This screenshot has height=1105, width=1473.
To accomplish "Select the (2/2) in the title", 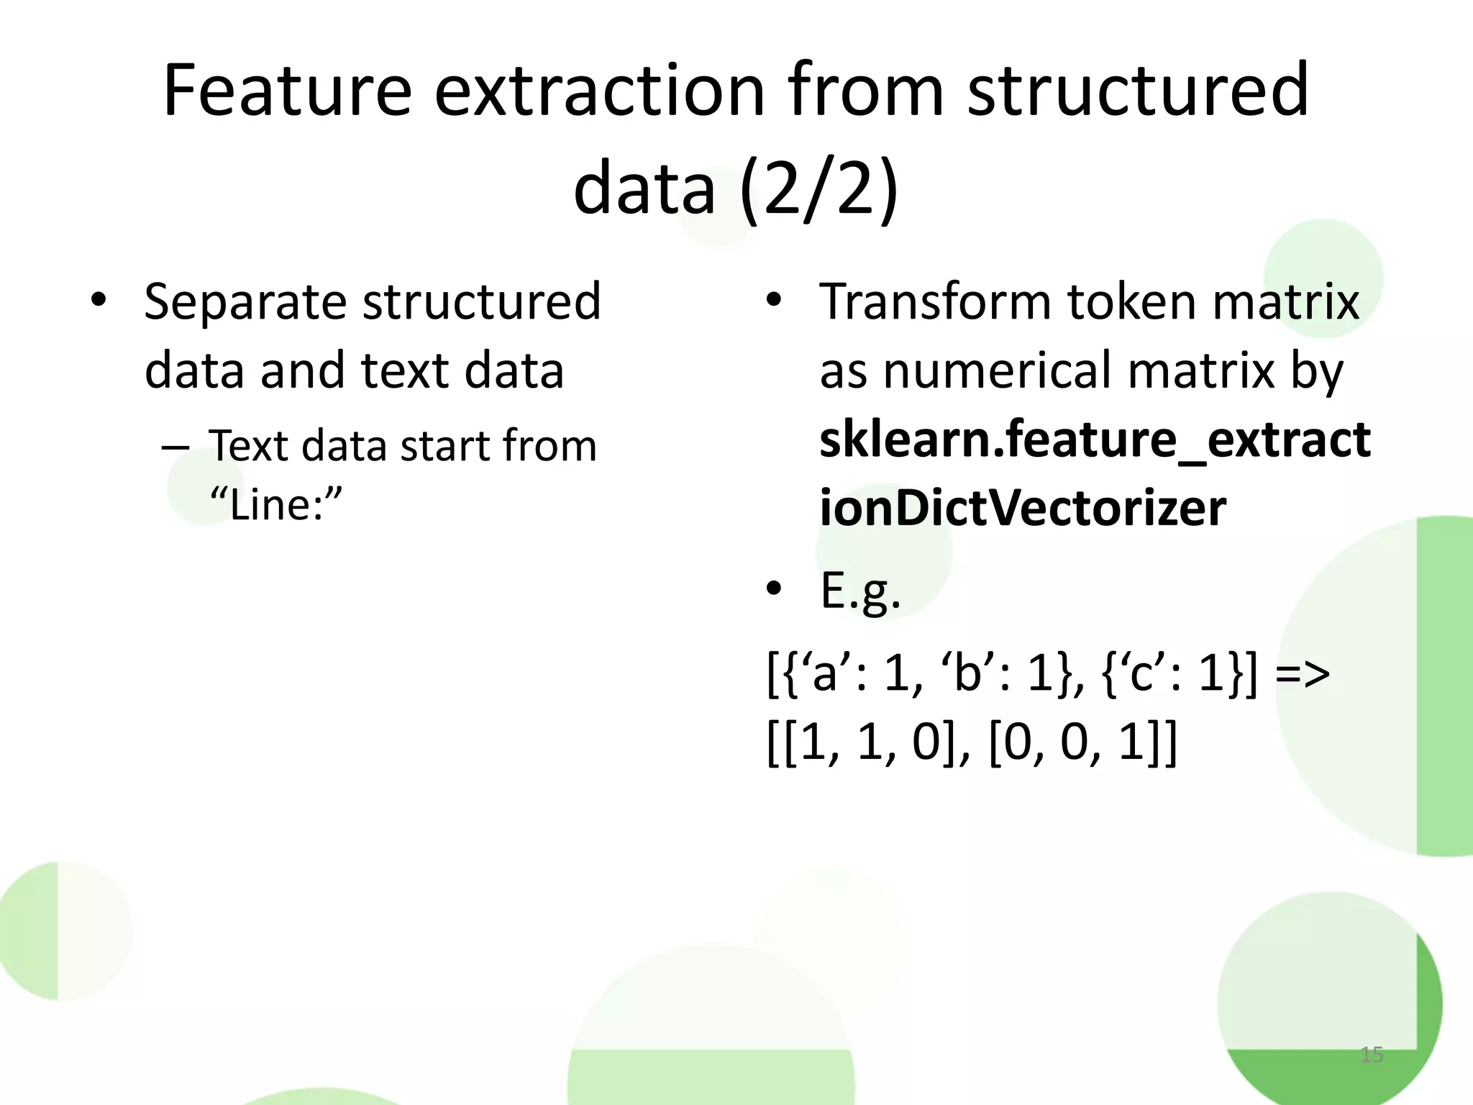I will (818, 188).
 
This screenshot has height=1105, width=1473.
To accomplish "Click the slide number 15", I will (1372, 1055).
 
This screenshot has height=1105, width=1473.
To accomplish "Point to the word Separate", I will (247, 302).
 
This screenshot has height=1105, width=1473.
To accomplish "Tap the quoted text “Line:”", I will (276, 504).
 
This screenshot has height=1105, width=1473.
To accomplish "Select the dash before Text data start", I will (175, 447).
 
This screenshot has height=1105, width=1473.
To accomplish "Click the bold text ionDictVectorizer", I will (1022, 508).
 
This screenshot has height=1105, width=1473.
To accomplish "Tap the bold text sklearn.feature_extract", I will (1095, 439).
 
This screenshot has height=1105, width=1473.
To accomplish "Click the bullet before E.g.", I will (773, 588).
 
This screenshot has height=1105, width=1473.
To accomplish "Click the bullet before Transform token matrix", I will (773, 299).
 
